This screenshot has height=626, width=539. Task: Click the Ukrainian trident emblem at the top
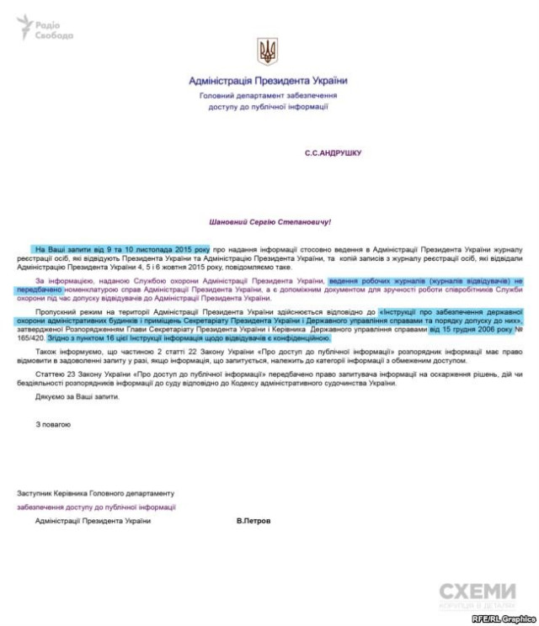point(268,53)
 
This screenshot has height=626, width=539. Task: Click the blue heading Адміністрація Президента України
point(268,81)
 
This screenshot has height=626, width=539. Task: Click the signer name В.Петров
point(253,521)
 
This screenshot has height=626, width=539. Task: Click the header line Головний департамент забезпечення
point(268,97)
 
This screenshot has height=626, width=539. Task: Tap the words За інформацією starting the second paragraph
point(59,279)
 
